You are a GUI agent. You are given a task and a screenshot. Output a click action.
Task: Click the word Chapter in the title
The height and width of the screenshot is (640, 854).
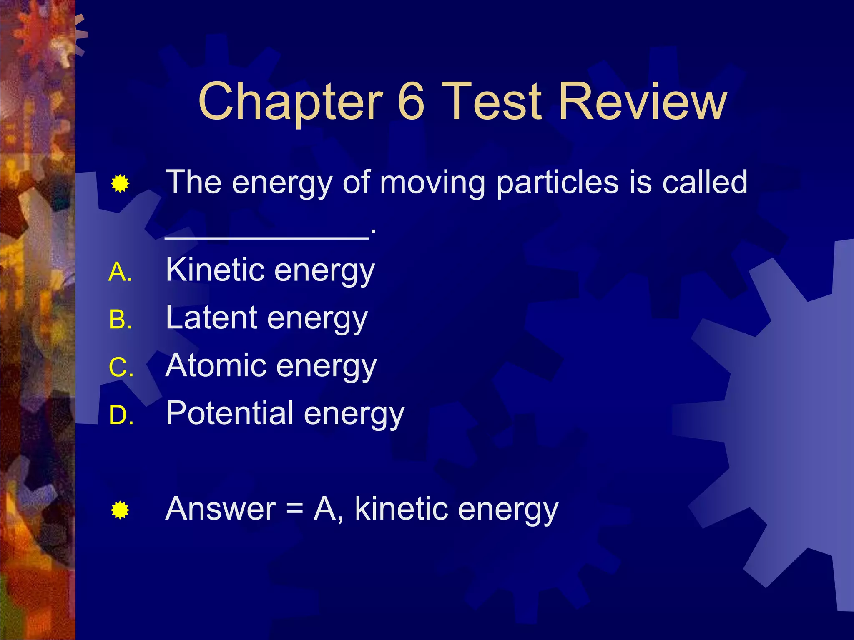(290, 102)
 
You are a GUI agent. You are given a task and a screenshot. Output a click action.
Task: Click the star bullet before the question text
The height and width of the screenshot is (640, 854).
(120, 184)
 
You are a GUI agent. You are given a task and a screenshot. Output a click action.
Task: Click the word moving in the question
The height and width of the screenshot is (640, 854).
(432, 183)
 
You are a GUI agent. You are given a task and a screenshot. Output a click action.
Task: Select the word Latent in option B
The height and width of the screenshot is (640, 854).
(211, 317)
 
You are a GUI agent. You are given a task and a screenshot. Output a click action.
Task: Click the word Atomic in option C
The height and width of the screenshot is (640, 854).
(216, 365)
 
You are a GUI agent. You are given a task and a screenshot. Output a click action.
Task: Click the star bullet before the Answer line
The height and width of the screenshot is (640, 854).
(120, 510)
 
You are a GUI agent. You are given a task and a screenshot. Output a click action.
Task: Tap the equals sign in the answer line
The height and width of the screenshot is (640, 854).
(295, 510)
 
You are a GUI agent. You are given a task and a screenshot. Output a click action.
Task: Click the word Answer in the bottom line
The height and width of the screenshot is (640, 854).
(221, 509)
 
